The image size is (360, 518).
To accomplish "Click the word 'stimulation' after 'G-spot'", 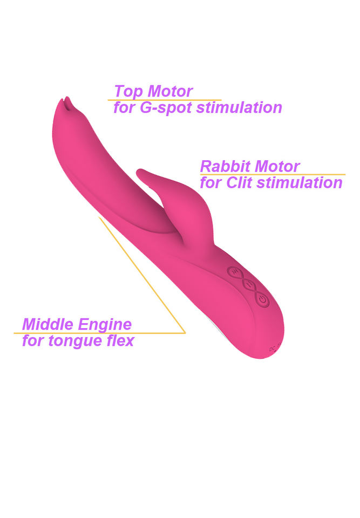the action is pos(239,107).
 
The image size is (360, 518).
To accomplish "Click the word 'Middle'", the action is pos(47,325).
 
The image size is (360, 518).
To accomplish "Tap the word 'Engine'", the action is pos(105,325).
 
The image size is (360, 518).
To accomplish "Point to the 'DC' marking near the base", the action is pos(273,350).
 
